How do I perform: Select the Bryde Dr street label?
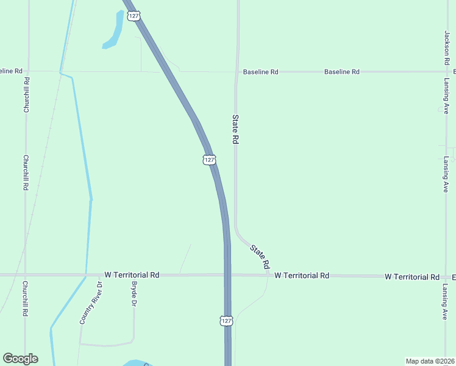[x=134, y=295]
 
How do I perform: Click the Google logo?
[x=20, y=359]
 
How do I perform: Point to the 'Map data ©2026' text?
[x=430, y=361]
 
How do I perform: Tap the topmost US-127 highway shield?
[x=133, y=15]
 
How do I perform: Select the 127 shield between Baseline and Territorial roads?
[x=209, y=160]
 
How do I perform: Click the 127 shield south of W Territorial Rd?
[x=226, y=320]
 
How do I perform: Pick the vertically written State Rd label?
[x=235, y=129]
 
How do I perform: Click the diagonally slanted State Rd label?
[x=259, y=256]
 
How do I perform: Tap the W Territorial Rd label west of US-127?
[x=132, y=275]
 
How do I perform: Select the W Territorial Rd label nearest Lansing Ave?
[x=412, y=277]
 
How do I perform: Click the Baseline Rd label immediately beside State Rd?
[x=260, y=72]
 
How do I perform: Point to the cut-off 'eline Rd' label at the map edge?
[x=12, y=71]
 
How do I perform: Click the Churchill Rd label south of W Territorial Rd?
[x=25, y=298]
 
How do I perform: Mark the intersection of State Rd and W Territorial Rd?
[x=269, y=275]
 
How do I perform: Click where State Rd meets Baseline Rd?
[x=237, y=72]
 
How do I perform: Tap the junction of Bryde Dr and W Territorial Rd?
[x=134, y=275]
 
